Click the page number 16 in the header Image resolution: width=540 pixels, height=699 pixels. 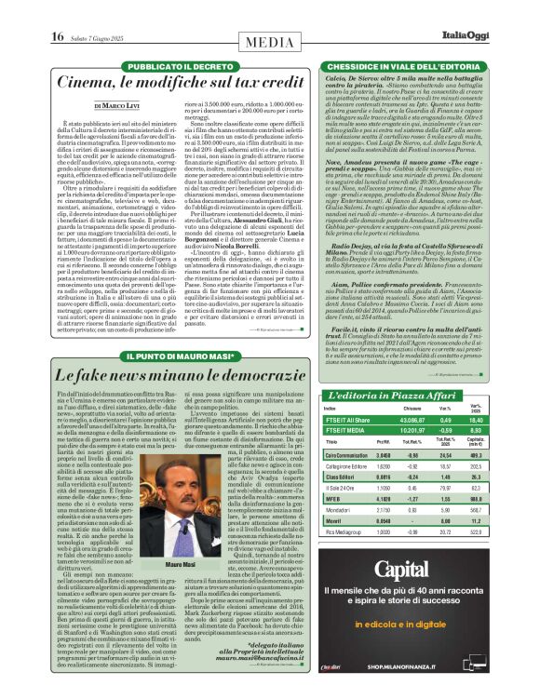pos(57,36)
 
